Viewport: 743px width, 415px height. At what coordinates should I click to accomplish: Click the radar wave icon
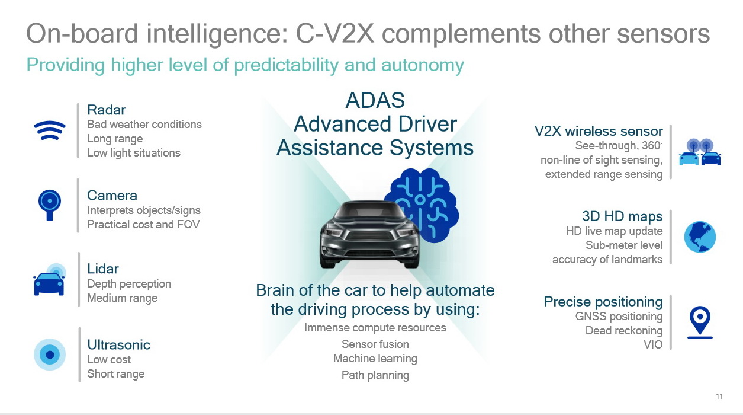(49, 130)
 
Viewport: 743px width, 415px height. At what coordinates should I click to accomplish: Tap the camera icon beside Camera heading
(50, 205)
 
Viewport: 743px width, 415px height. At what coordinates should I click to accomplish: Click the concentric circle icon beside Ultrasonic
(50, 355)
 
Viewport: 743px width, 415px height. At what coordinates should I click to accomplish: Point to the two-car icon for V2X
(700, 152)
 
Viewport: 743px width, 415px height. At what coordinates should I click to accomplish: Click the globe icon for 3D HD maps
(700, 237)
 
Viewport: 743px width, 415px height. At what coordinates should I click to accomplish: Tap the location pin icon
(700, 323)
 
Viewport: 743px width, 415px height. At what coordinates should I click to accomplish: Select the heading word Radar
(107, 110)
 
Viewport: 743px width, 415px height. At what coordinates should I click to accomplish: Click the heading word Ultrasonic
(119, 345)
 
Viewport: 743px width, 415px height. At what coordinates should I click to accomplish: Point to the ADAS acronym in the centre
(375, 100)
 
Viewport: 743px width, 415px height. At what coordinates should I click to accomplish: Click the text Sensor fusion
(375, 344)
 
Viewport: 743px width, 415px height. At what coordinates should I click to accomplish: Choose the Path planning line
(375, 375)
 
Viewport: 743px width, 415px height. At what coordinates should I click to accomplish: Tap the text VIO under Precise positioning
(653, 345)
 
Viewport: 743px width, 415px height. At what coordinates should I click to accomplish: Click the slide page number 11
(719, 397)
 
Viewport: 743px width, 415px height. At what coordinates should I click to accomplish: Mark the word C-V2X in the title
(335, 34)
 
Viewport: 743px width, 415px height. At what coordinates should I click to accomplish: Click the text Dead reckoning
(624, 331)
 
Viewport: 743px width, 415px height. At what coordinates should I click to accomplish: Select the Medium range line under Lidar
(123, 298)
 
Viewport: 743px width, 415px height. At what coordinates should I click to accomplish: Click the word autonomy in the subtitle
(423, 65)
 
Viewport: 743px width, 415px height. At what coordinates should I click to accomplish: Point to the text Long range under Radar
(115, 139)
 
